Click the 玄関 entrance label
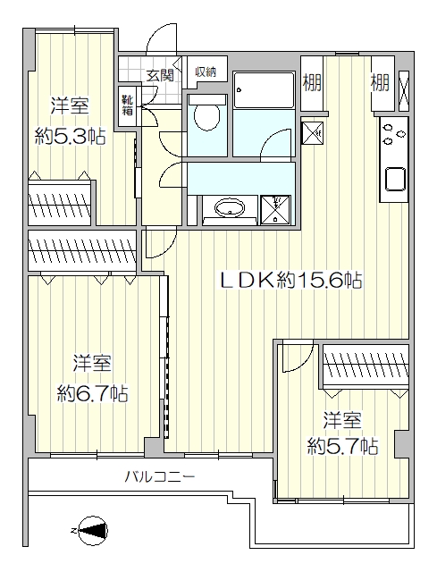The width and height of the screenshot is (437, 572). click(x=160, y=75)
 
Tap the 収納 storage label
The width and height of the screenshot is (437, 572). click(x=206, y=71)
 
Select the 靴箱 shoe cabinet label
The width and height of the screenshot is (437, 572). click(x=127, y=105)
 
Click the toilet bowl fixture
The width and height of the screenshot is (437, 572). click(x=206, y=114)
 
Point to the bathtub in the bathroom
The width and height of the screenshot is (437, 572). click(x=264, y=89)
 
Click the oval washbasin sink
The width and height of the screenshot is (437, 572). click(x=229, y=209)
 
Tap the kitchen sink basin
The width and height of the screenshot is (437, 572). click(x=395, y=179)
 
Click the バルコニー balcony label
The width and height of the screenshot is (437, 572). click(x=160, y=476)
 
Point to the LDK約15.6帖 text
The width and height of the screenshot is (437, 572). click(x=290, y=280)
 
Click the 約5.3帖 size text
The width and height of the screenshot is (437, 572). click(x=70, y=137)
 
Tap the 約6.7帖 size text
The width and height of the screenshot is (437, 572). click(x=92, y=393)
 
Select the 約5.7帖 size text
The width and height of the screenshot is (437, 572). click(x=342, y=446)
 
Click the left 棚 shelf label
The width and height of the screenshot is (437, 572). click(x=312, y=82)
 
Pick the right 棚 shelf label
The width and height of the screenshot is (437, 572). click(x=380, y=82)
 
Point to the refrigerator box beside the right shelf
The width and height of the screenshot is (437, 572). click(x=404, y=91)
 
